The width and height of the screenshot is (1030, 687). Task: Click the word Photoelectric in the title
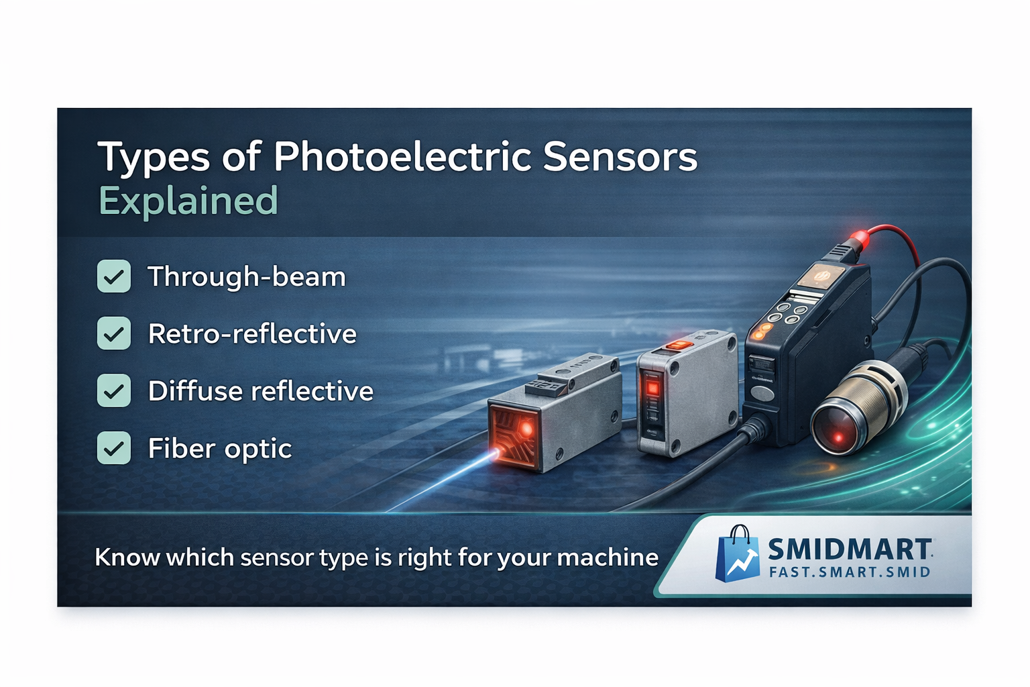point(404,157)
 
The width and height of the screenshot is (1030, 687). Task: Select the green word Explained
point(188,201)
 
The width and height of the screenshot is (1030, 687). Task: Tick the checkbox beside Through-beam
point(114,276)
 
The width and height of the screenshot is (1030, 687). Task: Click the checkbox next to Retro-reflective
point(114,333)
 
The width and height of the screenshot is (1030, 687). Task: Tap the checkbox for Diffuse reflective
point(114,390)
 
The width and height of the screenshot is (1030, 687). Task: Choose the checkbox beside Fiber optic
point(114,447)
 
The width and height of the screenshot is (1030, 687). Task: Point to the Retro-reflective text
point(252,333)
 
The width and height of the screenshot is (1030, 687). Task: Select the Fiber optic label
point(220,449)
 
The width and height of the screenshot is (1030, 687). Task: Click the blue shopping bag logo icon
point(737,553)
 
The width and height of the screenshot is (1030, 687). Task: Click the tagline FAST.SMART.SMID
point(850,572)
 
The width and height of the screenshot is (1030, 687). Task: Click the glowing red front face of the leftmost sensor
point(514,435)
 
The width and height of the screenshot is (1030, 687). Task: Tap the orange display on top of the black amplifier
point(821,276)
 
